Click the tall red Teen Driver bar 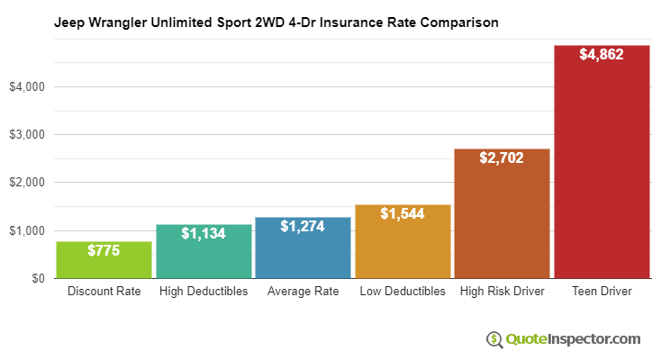pyautogui.click(x=602, y=162)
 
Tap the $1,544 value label pyautogui.click(x=403, y=213)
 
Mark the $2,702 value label pyautogui.click(x=502, y=158)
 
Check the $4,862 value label pyautogui.click(x=602, y=55)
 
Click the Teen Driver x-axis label pyautogui.click(x=602, y=292)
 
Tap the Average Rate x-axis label pyautogui.click(x=303, y=292)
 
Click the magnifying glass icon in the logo pyautogui.click(x=494, y=339)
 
